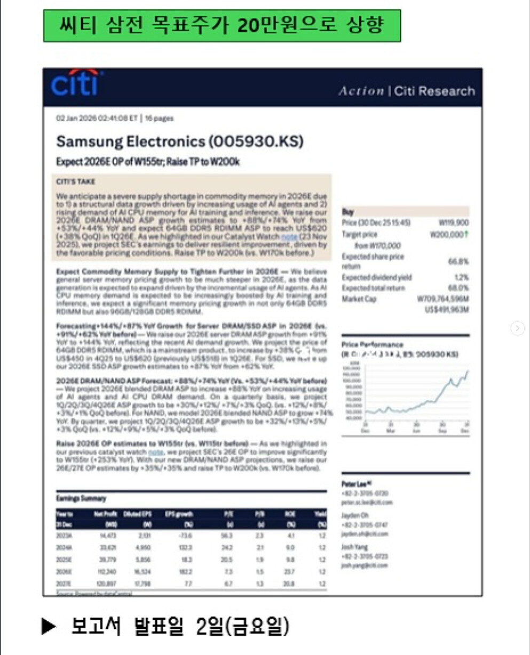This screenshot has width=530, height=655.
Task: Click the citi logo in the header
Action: pyautogui.click(x=75, y=84)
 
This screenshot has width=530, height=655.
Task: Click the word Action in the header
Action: pyautogui.click(x=361, y=91)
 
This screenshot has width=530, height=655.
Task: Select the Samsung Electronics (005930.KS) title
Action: pyautogui.click(x=180, y=141)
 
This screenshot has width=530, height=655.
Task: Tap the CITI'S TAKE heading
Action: pyautogui.click(x=76, y=182)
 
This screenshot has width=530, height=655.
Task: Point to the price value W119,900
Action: pyautogui.click(x=453, y=223)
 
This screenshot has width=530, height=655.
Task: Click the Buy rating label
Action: pyautogui.click(x=347, y=212)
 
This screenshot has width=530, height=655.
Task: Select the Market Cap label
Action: pyautogui.click(x=359, y=299)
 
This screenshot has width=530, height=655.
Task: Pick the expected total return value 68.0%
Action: pyautogui.click(x=458, y=288)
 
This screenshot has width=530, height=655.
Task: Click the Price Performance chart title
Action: pyautogui.click(x=373, y=345)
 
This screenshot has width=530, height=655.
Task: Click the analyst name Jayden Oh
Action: pyautogui.click(x=355, y=516)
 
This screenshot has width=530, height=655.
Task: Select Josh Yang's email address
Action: pyautogui.click(x=365, y=565)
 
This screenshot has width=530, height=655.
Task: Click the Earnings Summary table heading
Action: pyautogui.click(x=81, y=499)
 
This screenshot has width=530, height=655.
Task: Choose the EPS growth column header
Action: pyautogui.click(x=179, y=515)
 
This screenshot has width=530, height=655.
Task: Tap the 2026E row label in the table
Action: pyautogui.click(x=64, y=572)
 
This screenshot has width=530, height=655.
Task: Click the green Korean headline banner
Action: pyautogui.click(x=222, y=25)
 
